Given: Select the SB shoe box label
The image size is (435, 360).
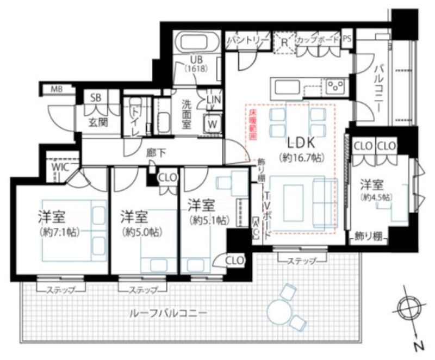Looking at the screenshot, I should [96, 98].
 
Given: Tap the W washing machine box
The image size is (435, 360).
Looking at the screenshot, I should [214, 125].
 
